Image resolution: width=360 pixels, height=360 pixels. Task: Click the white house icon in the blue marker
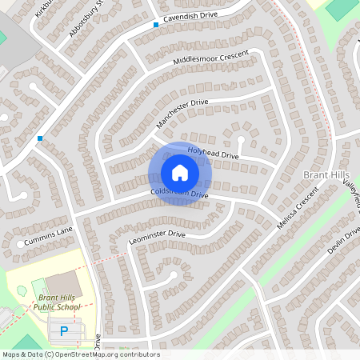click(x=180, y=173)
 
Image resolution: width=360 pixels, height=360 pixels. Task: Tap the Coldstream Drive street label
click(x=178, y=194)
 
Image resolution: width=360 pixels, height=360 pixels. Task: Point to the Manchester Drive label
click(x=182, y=113)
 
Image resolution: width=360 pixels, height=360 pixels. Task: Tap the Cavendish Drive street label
click(x=190, y=18)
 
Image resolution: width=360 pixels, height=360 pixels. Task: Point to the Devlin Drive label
click(x=345, y=241)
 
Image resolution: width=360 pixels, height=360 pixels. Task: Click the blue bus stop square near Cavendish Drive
click(x=156, y=25)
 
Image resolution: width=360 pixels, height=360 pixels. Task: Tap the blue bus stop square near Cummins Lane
click(x=40, y=138)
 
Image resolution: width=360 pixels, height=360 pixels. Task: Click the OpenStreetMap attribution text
click(x=80, y=354)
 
